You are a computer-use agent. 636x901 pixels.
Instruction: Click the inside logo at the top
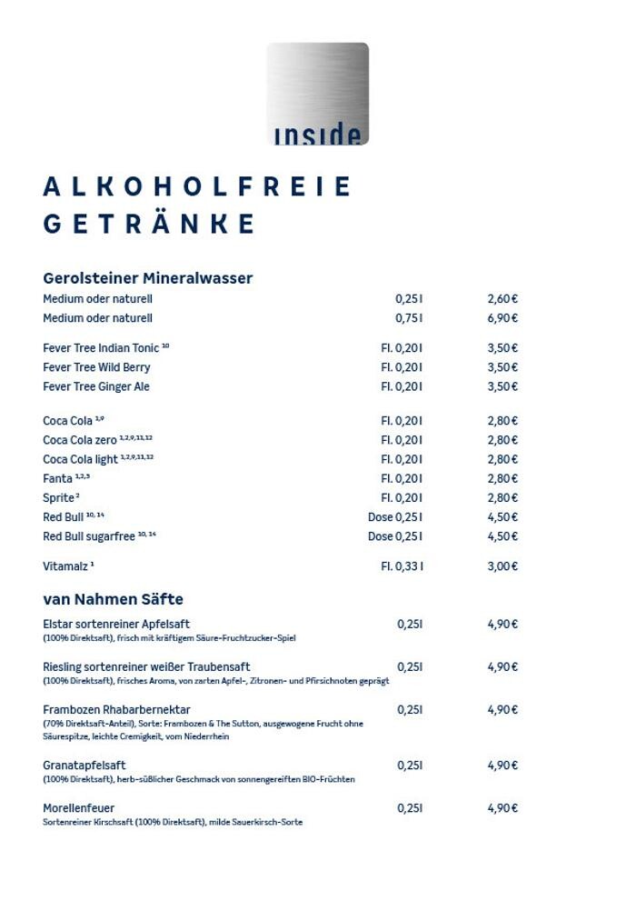[x=317, y=94]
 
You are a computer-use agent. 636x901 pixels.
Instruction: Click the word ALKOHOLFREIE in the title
[x=197, y=186]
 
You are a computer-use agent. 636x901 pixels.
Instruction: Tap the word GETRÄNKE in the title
[x=150, y=224]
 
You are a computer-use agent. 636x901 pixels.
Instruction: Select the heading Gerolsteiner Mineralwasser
[x=147, y=278]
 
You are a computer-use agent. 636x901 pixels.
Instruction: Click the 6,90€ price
[x=502, y=318]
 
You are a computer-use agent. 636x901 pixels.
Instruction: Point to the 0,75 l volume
[x=409, y=318]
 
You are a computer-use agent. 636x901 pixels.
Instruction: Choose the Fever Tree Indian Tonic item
[x=105, y=348]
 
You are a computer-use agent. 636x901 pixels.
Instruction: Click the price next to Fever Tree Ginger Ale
[x=502, y=386]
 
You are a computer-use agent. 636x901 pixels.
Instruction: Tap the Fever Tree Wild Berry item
[x=96, y=367]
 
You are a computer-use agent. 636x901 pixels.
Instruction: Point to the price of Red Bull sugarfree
[x=502, y=536]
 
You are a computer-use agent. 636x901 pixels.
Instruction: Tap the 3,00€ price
[x=502, y=566]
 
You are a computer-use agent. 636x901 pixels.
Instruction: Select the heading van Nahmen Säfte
[x=113, y=599]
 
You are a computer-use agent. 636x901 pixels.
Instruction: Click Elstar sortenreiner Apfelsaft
[x=116, y=625]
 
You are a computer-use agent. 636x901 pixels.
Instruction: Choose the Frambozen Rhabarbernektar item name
[x=116, y=709]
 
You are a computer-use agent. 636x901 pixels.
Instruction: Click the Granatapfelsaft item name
[x=84, y=766]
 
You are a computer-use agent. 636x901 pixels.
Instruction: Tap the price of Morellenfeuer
[x=502, y=808]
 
